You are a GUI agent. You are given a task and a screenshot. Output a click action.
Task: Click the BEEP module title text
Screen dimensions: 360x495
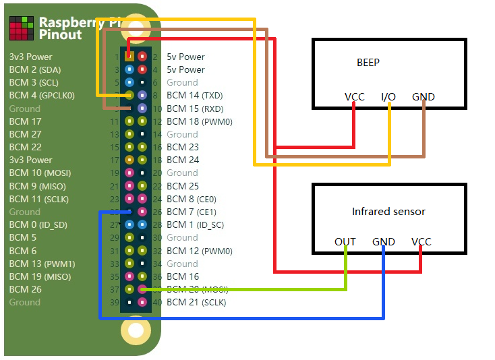point(368,63)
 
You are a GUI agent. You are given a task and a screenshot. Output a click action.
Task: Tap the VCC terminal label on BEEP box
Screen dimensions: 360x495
point(354,97)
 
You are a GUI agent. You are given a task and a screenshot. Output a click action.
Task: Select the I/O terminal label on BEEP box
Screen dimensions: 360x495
point(388,97)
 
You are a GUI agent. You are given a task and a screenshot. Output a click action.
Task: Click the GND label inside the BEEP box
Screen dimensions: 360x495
point(424,97)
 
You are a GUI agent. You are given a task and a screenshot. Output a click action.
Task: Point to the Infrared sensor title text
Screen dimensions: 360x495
point(388,212)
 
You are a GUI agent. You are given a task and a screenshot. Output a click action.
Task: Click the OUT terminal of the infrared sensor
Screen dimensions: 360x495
point(345,242)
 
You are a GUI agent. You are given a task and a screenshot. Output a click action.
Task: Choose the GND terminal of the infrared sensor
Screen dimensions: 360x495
point(384,242)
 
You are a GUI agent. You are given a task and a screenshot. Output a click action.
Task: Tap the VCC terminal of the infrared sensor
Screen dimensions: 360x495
point(421,242)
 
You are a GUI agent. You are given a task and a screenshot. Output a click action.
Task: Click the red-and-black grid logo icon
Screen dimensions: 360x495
point(21,28)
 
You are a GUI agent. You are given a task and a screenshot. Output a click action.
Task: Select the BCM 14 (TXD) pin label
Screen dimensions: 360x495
point(194,96)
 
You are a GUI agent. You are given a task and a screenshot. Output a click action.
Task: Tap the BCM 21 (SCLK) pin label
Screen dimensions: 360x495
point(196,303)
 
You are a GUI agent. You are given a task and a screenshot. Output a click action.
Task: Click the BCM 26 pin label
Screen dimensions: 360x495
point(25,290)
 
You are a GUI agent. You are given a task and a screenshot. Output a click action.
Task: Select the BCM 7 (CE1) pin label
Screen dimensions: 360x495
point(191,212)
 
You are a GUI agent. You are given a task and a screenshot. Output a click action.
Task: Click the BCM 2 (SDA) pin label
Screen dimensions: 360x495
point(34,69)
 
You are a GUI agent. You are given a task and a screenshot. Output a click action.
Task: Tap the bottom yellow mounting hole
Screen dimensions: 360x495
point(136,330)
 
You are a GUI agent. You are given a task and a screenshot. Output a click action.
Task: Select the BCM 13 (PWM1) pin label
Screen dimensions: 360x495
point(42,264)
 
